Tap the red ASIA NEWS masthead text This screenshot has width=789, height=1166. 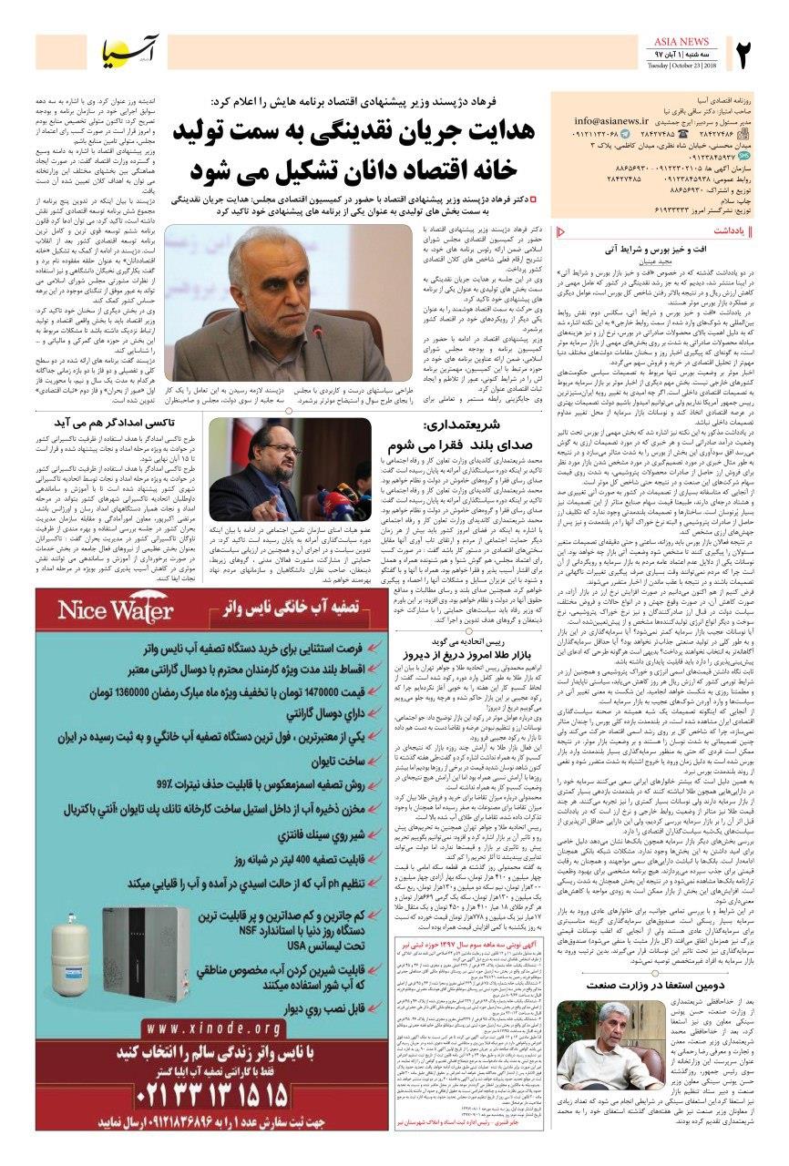(682, 42)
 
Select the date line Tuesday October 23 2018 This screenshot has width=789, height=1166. (682, 66)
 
